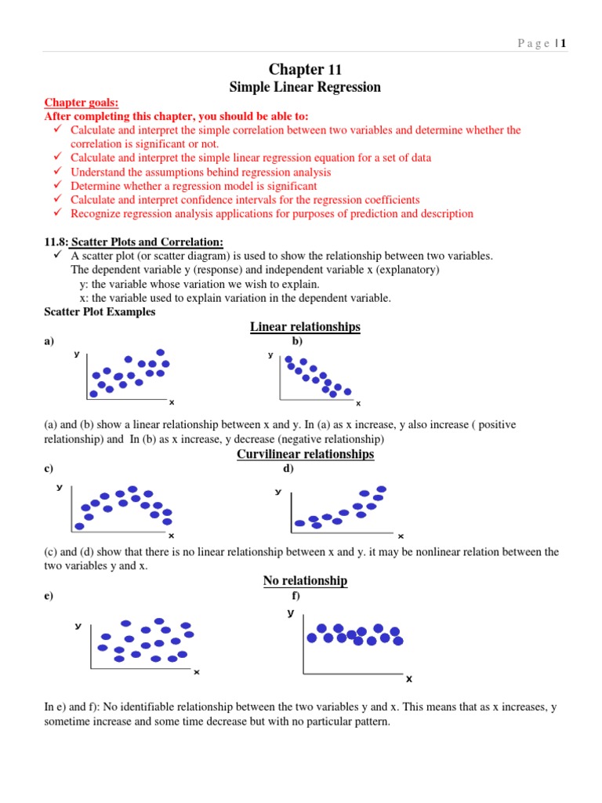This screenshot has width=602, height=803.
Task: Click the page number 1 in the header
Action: click(x=563, y=44)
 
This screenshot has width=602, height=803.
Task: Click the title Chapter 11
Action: click(x=305, y=70)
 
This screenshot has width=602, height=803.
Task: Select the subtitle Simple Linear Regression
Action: click(x=305, y=87)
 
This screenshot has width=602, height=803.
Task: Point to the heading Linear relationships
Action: click(x=305, y=326)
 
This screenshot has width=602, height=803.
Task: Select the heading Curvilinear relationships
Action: click(x=305, y=454)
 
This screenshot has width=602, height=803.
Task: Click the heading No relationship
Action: click(x=305, y=580)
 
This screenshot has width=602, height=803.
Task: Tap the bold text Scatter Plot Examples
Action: click(x=100, y=311)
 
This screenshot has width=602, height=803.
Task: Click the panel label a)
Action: click(x=49, y=341)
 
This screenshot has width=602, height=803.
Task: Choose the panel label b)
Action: click(x=297, y=341)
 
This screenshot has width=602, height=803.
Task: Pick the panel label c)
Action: click(x=49, y=469)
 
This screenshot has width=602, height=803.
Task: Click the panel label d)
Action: click(x=288, y=469)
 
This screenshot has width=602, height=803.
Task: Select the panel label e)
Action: click(x=49, y=595)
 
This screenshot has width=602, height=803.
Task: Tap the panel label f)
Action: click(x=296, y=595)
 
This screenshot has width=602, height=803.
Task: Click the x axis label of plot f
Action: click(x=408, y=678)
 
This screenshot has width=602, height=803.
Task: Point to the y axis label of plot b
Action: click(x=270, y=355)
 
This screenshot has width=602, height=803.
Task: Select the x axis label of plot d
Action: click(x=400, y=536)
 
